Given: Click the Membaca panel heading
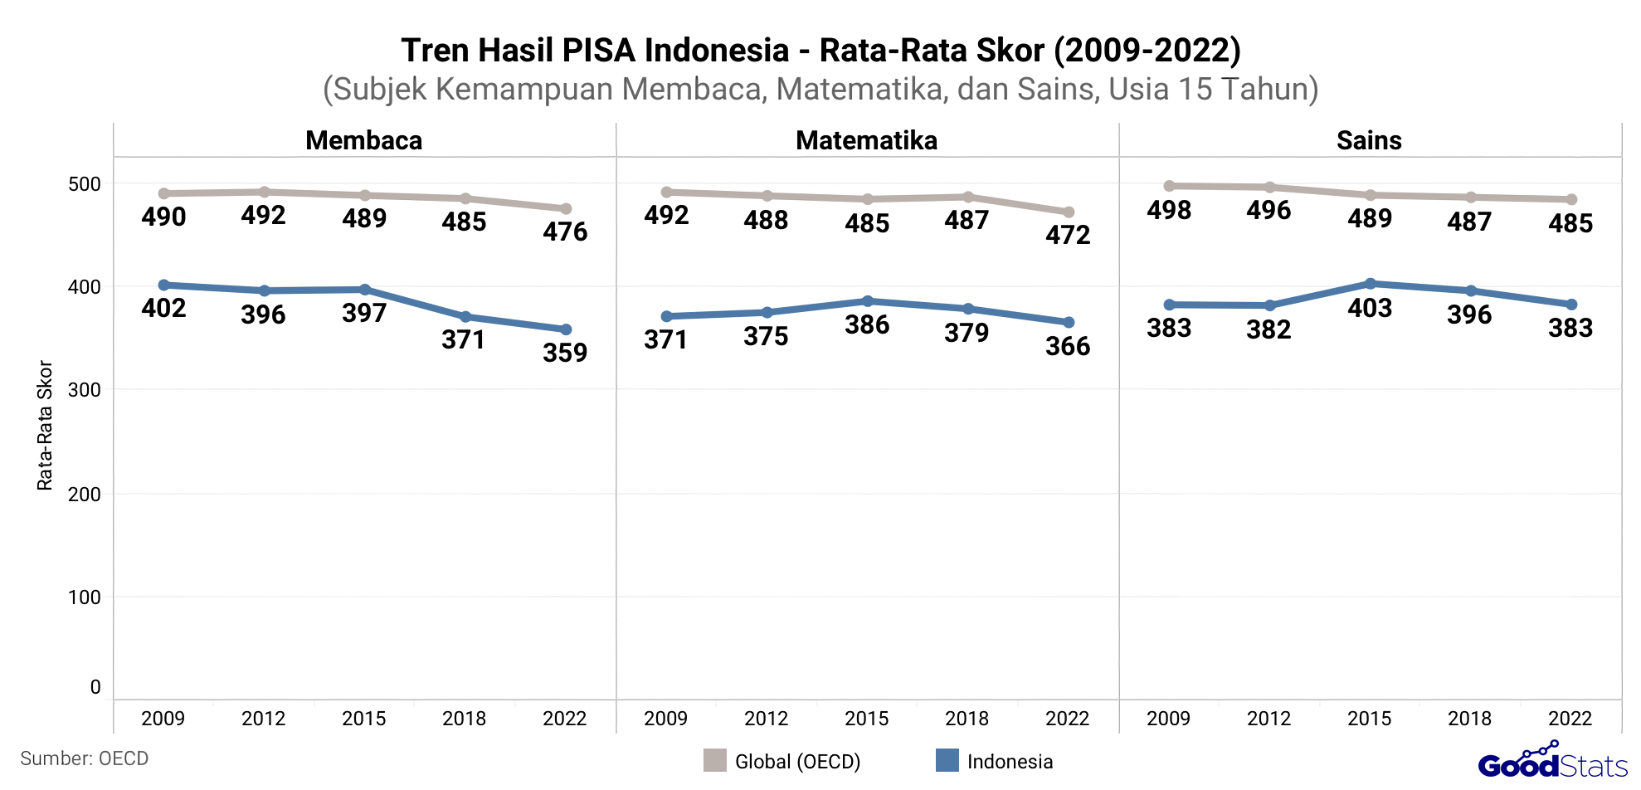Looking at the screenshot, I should click(363, 140).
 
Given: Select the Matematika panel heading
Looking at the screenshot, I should click(866, 140).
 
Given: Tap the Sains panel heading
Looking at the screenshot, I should click(1368, 140).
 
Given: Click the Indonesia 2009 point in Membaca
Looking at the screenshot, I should click(164, 285).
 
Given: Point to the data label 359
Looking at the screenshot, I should click(565, 353).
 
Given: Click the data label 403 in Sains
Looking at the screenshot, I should click(1370, 308).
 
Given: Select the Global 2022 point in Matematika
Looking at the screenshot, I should click(1069, 212).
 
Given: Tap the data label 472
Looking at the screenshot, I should click(1068, 235).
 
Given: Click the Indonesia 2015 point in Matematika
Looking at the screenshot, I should click(868, 300).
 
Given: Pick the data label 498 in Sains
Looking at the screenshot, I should click(1169, 210).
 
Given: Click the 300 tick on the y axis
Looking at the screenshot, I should click(84, 390).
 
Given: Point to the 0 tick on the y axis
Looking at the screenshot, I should click(95, 687).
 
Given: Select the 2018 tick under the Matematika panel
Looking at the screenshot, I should click(967, 719).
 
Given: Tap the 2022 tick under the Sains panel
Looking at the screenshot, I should click(1570, 719).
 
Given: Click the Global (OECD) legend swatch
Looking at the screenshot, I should click(714, 760).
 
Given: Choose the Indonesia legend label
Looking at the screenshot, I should click(1010, 762).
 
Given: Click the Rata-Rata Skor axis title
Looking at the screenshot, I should click(45, 425).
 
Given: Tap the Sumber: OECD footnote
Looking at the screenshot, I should click(84, 758).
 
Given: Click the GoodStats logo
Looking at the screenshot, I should click(1552, 762).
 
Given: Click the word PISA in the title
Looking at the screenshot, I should click(599, 51).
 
